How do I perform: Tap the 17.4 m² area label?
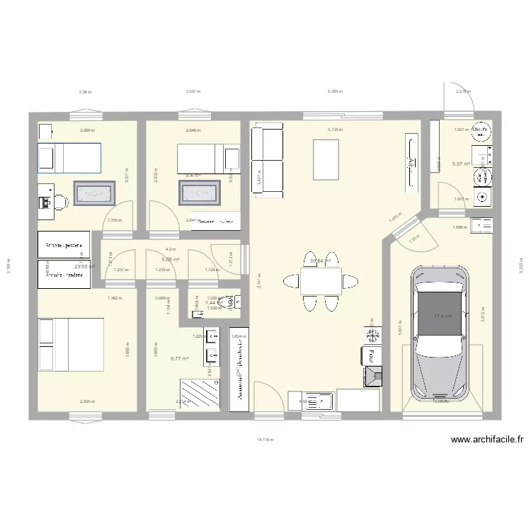tap(443, 316)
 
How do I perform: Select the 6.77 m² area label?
tap(181, 359)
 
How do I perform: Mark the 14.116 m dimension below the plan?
tap(265, 439)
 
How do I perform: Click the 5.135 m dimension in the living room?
tap(334, 130)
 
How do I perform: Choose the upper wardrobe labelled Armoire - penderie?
tap(64, 246)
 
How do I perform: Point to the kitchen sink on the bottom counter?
tap(321, 401)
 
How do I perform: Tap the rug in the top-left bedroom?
tap(93, 192)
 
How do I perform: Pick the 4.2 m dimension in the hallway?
tap(170, 249)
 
